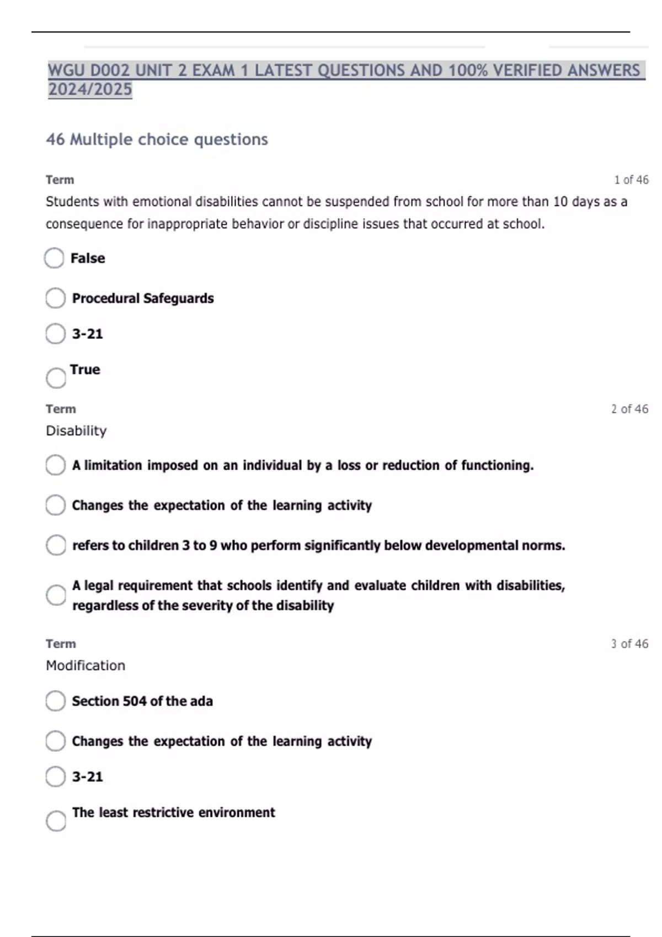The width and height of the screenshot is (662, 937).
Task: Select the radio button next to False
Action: pos(54,258)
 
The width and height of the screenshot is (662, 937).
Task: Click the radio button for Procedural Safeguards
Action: pos(55,298)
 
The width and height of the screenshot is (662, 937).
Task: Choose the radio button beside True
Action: pos(56,378)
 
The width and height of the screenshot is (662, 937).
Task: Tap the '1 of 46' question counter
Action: pos(631,180)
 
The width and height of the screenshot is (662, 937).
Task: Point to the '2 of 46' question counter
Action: pos(629,409)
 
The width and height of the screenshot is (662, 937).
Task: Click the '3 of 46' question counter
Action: pos(629,644)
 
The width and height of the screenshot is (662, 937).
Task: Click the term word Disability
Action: pos(76,430)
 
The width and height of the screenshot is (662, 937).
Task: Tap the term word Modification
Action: pos(86,665)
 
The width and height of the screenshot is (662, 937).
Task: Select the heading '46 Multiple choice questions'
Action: pos(157,139)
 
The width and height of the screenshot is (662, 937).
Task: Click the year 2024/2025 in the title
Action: pos(90,89)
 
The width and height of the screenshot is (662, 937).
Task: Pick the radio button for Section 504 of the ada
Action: pos(55,701)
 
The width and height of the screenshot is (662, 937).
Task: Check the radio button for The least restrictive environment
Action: pos(56,821)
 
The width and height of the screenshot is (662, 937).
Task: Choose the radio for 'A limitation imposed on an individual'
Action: pos(55,465)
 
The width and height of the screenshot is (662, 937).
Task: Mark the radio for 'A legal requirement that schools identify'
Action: pos(56,595)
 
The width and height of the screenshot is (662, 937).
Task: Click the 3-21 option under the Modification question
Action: pos(55,777)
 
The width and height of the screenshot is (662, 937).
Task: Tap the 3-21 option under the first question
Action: pos(55,333)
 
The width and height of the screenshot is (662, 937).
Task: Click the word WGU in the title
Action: pos(66,71)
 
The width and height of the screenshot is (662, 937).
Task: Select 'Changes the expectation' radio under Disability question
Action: pos(55,505)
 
